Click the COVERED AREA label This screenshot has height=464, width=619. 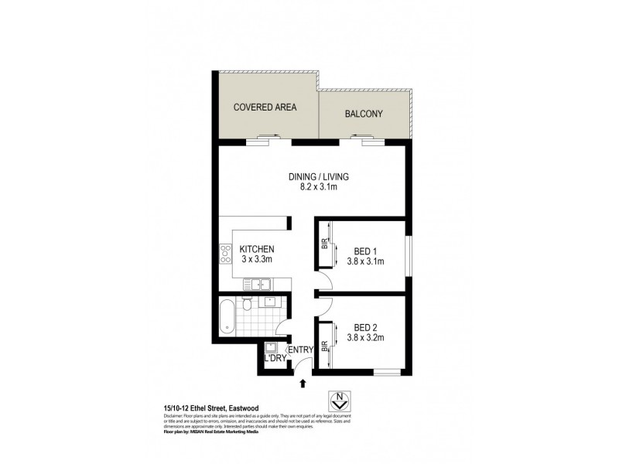[x=266, y=107]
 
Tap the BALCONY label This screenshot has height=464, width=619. [x=364, y=114]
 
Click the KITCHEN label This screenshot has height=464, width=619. [x=257, y=249]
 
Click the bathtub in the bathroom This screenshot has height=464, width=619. [x=227, y=316]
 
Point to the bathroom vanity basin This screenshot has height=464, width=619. [x=271, y=302]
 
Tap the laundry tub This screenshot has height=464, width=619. [x=271, y=347]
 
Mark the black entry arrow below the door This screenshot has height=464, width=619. [x=303, y=383]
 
